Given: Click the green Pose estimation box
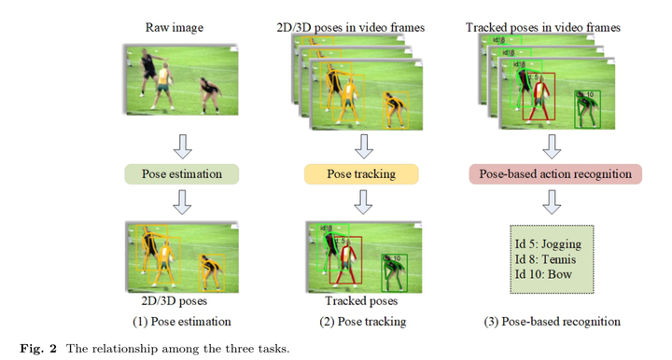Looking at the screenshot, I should [x=181, y=173].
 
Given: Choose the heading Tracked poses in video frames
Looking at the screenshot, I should [x=542, y=28].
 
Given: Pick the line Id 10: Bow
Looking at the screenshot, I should [x=544, y=275].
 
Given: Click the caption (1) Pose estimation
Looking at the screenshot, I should [x=181, y=322].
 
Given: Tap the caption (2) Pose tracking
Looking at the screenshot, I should [x=362, y=322].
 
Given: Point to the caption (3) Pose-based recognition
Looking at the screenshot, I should [x=553, y=322].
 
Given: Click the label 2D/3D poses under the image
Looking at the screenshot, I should [x=175, y=301].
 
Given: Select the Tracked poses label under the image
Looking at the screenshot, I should [x=361, y=301].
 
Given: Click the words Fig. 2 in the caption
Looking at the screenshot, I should [x=35, y=349].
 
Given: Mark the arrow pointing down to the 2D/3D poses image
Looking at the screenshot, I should [x=183, y=201].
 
